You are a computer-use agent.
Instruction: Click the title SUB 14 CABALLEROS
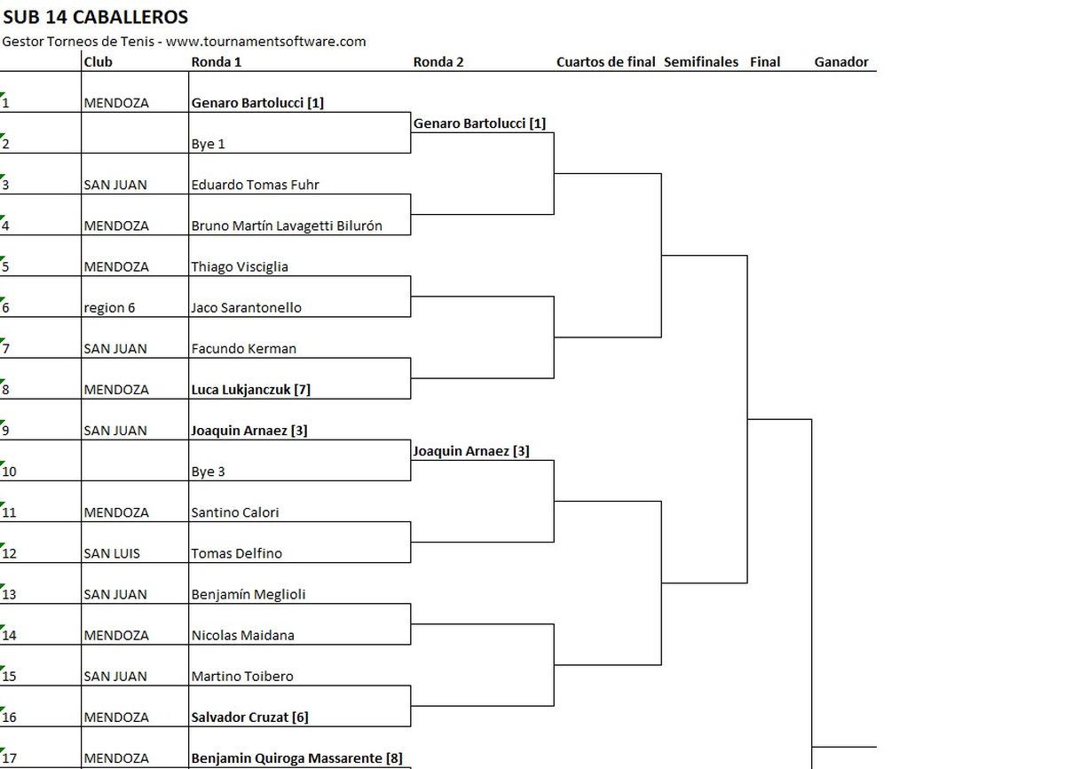coord(95,17)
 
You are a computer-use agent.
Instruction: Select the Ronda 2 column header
coord(438,62)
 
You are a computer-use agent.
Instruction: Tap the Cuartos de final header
coord(605,62)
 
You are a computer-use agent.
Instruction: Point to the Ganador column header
coord(840,62)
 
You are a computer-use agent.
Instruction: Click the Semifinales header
coord(700,62)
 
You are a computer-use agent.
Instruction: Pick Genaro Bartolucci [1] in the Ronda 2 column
coord(479,123)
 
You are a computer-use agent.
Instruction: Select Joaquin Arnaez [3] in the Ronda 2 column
coord(470,451)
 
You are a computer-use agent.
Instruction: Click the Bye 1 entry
coord(209,144)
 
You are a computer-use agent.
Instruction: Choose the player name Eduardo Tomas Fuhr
coord(256,185)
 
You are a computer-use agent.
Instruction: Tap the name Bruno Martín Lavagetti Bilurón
coord(287,226)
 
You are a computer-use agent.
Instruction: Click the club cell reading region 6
coord(115,308)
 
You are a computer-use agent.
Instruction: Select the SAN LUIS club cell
coord(112,553)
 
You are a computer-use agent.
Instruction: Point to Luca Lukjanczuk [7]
coord(250,390)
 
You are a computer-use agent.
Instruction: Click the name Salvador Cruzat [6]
coord(249,717)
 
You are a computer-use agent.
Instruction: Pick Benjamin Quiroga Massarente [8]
coord(296,758)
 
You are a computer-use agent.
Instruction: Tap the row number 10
coord(9,472)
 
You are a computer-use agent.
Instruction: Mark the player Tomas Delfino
coord(237,553)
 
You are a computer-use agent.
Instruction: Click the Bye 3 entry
coord(209,472)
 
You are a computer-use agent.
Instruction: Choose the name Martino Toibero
coord(242,677)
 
